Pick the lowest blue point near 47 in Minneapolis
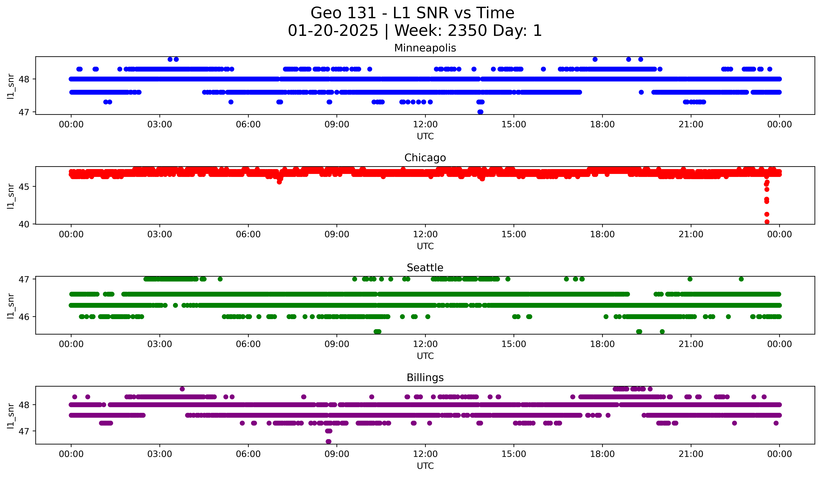(x=480, y=112)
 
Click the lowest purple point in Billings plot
(x=328, y=441)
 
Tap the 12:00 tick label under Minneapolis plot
(x=425, y=125)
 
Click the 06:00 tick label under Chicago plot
(x=248, y=234)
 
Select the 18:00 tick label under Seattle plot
(x=602, y=344)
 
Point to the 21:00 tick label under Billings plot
(x=691, y=454)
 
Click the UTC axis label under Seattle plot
(x=425, y=356)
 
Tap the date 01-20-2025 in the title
(x=333, y=31)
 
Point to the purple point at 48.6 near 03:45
(x=182, y=389)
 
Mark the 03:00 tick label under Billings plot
(x=160, y=454)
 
